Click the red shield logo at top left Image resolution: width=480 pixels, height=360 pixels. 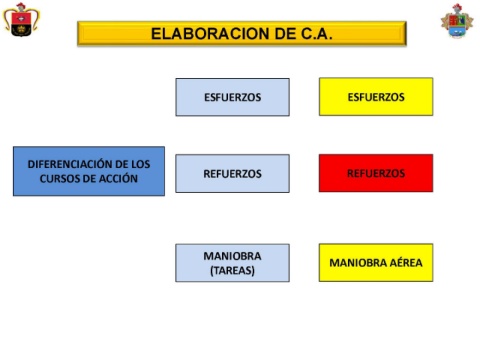[x=21, y=20]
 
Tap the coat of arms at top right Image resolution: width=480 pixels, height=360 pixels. [x=457, y=21]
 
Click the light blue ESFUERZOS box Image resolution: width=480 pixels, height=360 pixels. [x=233, y=97]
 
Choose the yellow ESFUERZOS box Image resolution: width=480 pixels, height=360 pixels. [x=376, y=97]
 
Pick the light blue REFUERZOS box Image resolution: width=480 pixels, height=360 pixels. [x=233, y=173]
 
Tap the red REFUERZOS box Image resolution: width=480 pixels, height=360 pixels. [x=376, y=173]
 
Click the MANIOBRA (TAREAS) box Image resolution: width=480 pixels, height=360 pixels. [x=233, y=263]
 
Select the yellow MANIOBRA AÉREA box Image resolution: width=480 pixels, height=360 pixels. [x=376, y=263]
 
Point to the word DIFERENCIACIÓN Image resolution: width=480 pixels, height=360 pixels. [x=70, y=164]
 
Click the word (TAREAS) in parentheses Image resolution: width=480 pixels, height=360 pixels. [x=233, y=270]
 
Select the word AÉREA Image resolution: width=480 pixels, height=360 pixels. [x=406, y=262]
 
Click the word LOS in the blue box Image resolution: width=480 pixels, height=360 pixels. [x=140, y=164]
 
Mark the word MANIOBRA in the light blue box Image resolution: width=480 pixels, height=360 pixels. [x=233, y=256]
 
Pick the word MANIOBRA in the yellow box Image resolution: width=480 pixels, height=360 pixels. [x=358, y=263]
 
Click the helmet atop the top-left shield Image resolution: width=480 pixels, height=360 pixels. [x=21, y=7]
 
